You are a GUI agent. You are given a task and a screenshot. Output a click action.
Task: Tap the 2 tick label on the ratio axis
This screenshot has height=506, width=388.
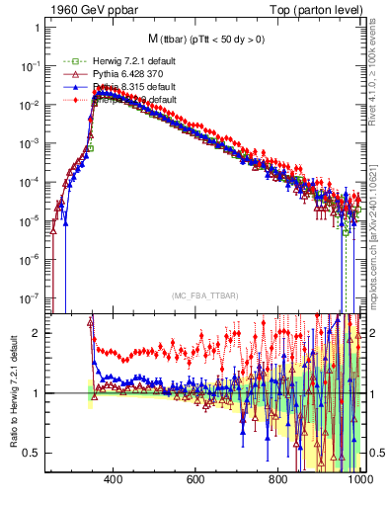click(x=37, y=333)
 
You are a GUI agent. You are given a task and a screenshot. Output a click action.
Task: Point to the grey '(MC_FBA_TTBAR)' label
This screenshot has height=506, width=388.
click(x=202, y=297)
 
